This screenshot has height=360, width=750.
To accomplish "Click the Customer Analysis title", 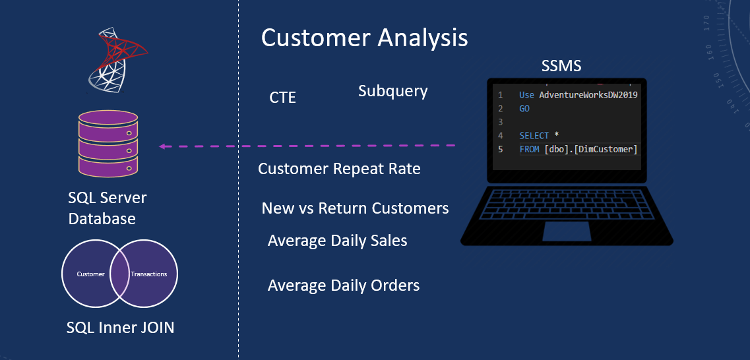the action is click(x=364, y=38).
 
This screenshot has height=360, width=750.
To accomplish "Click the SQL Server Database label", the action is click(x=108, y=208).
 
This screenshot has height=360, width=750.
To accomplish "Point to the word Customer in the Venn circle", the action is click(x=90, y=274).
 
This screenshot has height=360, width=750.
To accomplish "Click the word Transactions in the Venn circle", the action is click(x=149, y=274).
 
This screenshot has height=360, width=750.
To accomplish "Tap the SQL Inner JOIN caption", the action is click(x=120, y=327).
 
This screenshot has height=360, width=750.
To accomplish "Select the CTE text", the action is click(x=282, y=98).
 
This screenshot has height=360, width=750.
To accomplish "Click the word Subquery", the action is click(x=392, y=91).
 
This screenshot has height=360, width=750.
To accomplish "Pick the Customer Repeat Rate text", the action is click(x=339, y=169).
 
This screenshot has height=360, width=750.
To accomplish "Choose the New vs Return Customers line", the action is click(x=355, y=208).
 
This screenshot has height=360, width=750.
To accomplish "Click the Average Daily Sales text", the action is click(x=337, y=241).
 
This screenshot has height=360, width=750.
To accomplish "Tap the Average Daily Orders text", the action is click(x=344, y=285).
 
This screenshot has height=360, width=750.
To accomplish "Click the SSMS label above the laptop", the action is click(x=561, y=67).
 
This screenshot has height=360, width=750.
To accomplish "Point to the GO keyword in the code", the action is click(x=524, y=108).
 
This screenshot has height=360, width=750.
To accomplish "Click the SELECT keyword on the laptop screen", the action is click(x=534, y=135).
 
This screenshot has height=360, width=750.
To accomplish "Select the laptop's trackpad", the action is click(x=567, y=231).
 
